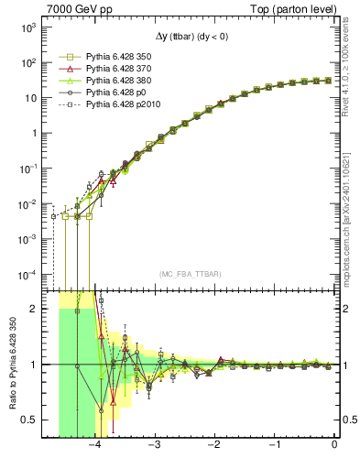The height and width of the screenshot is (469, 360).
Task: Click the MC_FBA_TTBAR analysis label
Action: [190, 274]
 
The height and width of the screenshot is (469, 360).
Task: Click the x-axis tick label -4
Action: [94, 446]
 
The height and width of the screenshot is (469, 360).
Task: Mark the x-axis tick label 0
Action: [334, 446]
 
